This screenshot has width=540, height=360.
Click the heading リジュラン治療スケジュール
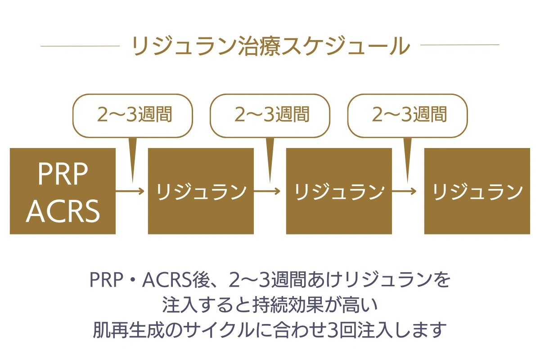point(270,46)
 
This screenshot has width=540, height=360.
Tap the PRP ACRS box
point(63,191)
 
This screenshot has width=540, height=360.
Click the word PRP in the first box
point(63,173)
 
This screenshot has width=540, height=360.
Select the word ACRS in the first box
point(63,211)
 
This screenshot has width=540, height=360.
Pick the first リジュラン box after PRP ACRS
point(201,191)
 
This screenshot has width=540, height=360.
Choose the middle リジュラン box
point(339,191)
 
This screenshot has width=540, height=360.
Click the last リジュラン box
point(477,191)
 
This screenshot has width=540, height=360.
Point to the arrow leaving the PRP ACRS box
point(130,191)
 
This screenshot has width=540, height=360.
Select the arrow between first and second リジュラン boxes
point(267,191)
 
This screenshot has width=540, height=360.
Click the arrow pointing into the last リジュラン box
point(404,191)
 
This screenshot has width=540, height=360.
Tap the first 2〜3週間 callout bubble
point(133,116)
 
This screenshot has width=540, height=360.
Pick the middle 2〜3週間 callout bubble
point(270,116)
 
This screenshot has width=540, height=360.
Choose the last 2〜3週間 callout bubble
point(407,116)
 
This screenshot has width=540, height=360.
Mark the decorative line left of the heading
point(80,46)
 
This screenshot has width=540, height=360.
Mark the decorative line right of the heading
point(460,45)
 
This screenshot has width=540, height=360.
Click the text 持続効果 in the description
point(288,305)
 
